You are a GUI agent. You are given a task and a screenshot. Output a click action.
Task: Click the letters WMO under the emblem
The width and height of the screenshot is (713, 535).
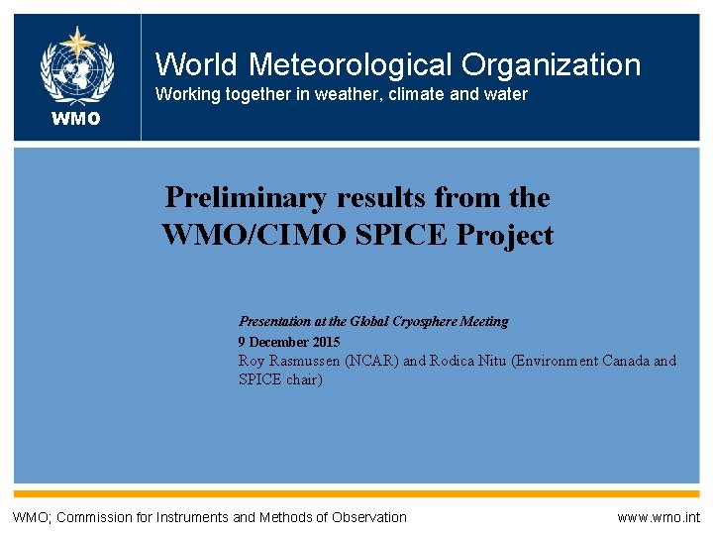pos(77,120)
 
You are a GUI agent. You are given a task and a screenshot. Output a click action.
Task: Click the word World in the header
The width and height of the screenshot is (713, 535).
pos(196,65)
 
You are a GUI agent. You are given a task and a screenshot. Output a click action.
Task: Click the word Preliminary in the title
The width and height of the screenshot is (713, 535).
pos(245,197)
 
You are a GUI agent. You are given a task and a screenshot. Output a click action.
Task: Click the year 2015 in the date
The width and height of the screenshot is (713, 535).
pos(324,341)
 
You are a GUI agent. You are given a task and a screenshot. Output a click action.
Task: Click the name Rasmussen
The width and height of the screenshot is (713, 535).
pos(304,361)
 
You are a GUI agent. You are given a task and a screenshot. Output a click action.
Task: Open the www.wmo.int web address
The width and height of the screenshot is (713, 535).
pos(658,517)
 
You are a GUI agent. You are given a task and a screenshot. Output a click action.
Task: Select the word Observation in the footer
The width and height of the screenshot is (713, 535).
pos(366,517)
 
